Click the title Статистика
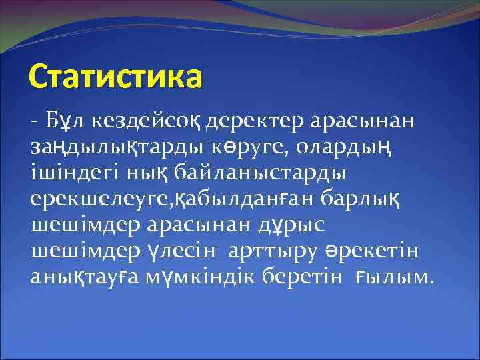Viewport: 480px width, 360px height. tap(115, 77)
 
